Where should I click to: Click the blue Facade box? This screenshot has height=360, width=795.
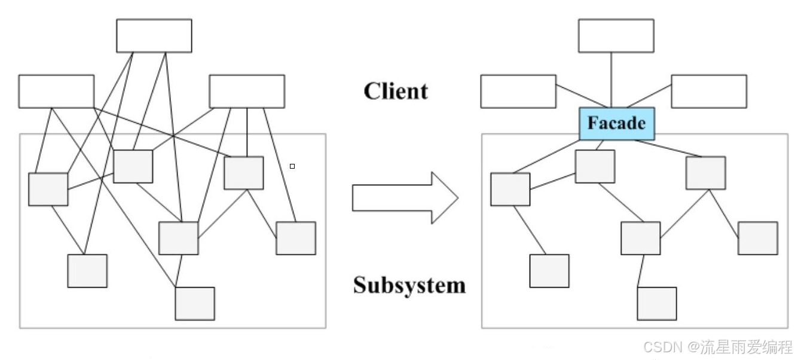pyautogui.click(x=616, y=124)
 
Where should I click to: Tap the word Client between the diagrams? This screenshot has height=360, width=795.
pyautogui.click(x=396, y=91)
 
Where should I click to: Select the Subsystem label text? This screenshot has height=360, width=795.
pyautogui.click(x=409, y=285)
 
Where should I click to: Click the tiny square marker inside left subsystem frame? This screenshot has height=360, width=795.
pyautogui.click(x=292, y=166)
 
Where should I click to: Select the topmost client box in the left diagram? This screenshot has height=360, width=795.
pyautogui.click(x=154, y=36)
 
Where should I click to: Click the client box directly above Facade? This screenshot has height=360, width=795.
pyautogui.click(x=616, y=36)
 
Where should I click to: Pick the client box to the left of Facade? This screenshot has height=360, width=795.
pyautogui.click(x=518, y=91)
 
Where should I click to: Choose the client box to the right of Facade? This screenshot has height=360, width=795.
pyautogui.click(x=708, y=91)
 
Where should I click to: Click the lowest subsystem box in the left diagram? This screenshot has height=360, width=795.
pyautogui.click(x=194, y=303)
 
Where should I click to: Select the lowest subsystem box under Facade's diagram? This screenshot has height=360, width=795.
pyautogui.click(x=656, y=303)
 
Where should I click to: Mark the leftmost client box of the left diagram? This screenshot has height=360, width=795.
pyautogui.click(x=56, y=91)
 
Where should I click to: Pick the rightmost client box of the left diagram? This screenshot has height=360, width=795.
pyautogui.click(x=246, y=91)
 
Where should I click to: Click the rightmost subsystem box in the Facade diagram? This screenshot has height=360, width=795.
pyautogui.click(x=758, y=238)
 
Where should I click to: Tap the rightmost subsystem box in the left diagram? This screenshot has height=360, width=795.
pyautogui.click(x=296, y=238)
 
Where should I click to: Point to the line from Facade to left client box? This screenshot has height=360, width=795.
pyautogui.click(x=568, y=97)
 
